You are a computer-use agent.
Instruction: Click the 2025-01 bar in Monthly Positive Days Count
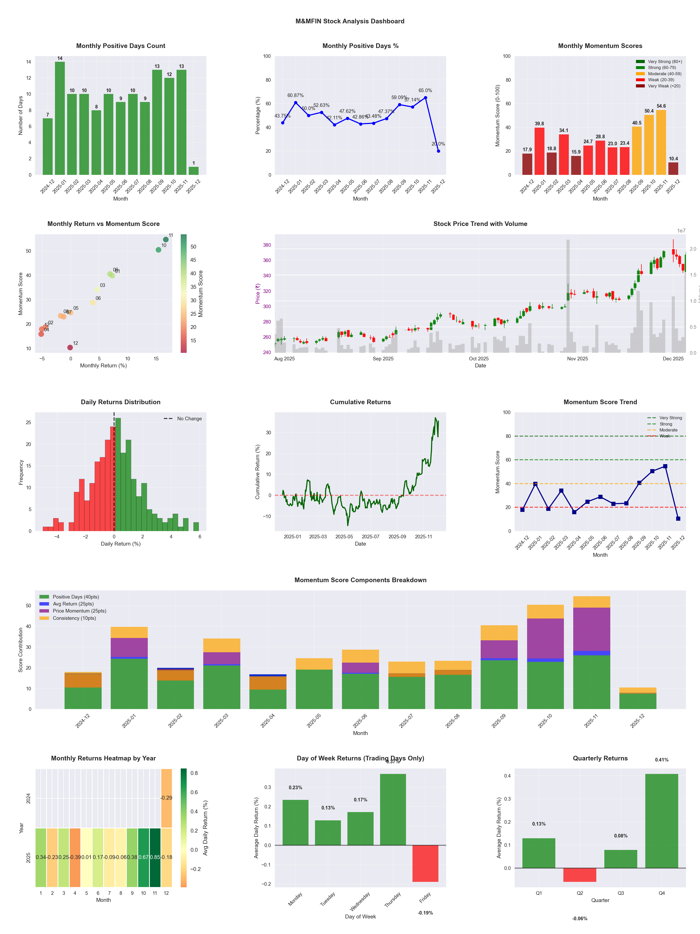60,118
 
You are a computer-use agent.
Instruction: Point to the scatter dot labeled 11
166,239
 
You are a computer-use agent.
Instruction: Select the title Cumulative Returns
360,402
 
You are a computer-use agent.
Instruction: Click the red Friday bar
425,863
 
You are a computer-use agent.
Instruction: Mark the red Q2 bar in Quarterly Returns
579,875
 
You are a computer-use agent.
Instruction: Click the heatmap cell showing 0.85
155,857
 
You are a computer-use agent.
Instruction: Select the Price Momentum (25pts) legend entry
79,611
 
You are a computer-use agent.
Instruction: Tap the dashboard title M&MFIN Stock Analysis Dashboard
350,21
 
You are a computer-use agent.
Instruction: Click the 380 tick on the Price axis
267,245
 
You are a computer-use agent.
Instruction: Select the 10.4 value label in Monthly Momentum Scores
673,159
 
